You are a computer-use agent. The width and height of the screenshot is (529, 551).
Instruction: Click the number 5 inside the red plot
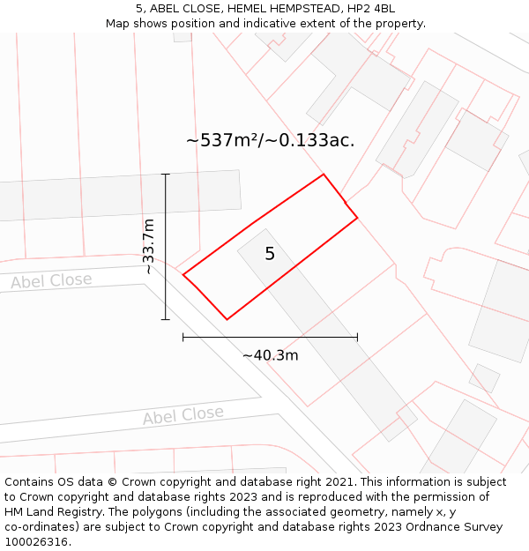[270, 254]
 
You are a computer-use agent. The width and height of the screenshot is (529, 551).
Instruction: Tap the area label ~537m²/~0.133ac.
[270, 140]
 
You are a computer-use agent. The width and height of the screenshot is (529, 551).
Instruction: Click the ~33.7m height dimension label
[149, 247]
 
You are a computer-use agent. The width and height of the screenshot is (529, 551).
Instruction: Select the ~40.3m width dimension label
[270, 355]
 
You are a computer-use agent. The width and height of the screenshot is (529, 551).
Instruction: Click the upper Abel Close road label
[51, 281]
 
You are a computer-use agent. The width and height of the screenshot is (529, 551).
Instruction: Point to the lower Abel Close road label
[183, 415]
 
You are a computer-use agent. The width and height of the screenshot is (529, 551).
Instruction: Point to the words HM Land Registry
[52, 512]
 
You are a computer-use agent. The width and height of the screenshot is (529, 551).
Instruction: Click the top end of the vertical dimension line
[166, 175]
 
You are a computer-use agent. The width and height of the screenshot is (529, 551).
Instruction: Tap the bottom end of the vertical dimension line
[166, 319]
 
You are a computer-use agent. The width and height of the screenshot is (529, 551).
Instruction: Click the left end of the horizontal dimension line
[183, 337]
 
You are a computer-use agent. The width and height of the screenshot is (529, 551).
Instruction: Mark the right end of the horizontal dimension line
[357, 337]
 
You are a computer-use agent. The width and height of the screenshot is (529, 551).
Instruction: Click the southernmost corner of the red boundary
[227, 319]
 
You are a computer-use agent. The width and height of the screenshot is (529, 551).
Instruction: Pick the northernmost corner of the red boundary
[324, 175]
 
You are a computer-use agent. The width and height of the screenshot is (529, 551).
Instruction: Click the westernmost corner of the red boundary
[183, 275]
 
